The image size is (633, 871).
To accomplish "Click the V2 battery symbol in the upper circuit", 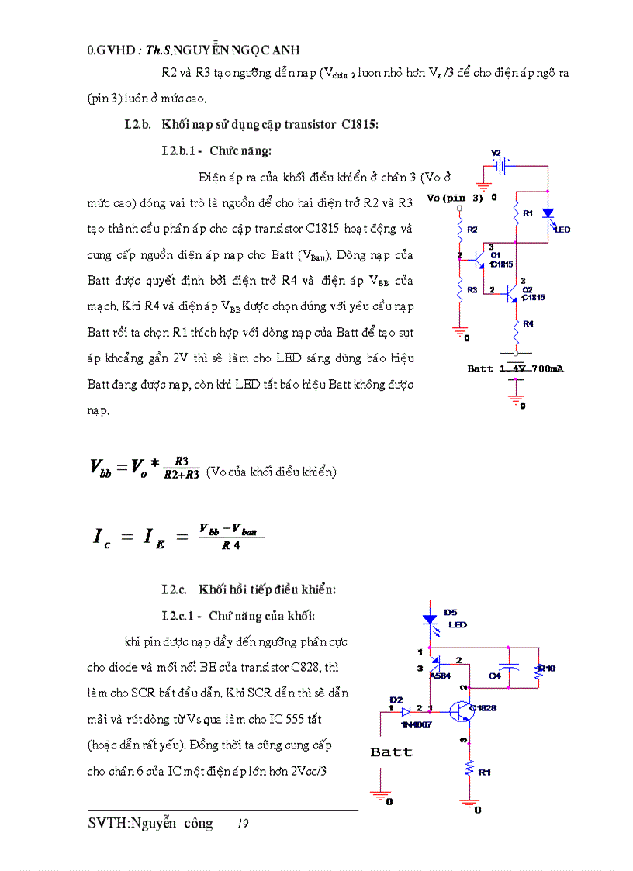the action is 503,166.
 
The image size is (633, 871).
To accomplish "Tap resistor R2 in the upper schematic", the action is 460,230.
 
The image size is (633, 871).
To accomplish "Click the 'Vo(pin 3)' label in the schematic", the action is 455,199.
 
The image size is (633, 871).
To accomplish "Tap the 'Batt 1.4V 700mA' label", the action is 515,369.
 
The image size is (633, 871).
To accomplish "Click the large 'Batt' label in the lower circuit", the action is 392,752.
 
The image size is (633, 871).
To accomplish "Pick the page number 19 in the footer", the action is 243,824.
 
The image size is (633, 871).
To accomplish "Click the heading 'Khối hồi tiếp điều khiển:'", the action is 267,589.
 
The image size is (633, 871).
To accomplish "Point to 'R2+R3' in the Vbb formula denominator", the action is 182,474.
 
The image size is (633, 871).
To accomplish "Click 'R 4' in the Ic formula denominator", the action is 230,545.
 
